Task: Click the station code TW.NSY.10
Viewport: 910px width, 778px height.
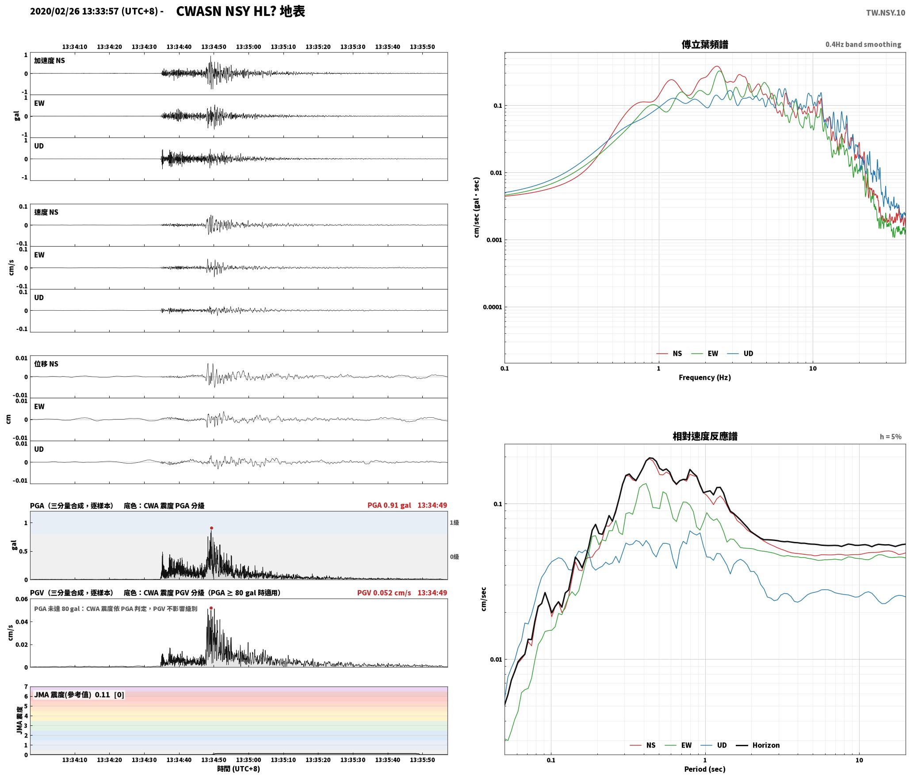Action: (885, 13)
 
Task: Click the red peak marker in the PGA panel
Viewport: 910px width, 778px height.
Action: (211, 528)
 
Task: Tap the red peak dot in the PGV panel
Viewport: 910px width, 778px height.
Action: (211, 608)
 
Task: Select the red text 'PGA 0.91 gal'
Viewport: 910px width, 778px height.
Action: (389, 505)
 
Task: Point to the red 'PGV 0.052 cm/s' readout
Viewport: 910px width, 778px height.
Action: (384, 593)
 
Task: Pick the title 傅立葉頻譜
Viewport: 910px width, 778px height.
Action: (705, 45)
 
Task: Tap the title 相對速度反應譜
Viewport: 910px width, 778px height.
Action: (705, 436)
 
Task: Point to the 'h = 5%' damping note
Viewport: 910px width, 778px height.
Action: (890, 437)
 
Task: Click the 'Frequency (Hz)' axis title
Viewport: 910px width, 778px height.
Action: (705, 378)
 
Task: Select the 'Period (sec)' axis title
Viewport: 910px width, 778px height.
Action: (705, 769)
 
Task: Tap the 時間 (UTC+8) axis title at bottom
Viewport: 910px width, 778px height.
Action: (238, 769)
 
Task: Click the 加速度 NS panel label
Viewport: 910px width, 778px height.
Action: (50, 61)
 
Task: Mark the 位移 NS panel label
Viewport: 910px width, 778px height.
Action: (46, 364)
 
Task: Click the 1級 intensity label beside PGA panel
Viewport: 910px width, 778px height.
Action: (454, 522)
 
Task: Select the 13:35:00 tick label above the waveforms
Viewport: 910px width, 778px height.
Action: (249, 47)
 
